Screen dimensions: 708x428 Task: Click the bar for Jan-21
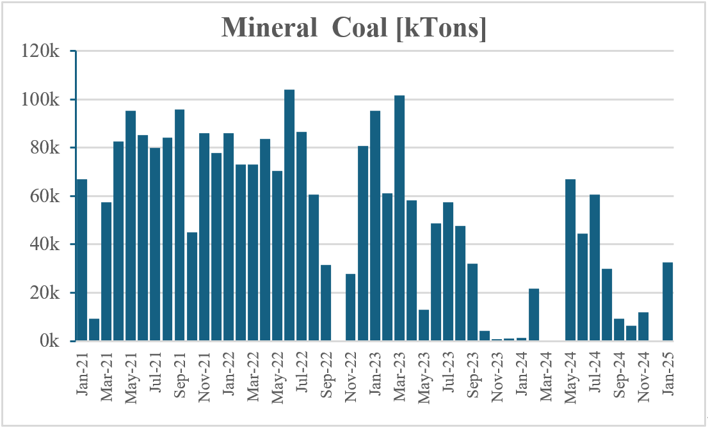(x=82, y=260)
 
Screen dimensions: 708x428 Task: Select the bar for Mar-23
(x=399, y=218)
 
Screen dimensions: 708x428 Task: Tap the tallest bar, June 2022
(x=289, y=215)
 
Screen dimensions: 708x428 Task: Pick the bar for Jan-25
(x=668, y=301)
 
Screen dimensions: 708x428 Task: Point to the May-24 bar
(x=570, y=260)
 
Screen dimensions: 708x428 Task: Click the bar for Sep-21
(x=179, y=225)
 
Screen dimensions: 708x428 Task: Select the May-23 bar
(x=424, y=325)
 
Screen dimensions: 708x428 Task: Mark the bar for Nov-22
(x=350, y=307)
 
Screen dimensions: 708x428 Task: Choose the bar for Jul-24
(x=595, y=267)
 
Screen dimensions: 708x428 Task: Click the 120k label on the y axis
(x=40, y=51)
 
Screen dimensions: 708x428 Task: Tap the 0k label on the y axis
(x=50, y=341)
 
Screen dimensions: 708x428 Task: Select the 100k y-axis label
(x=40, y=99)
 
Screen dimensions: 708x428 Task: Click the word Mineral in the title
(x=270, y=27)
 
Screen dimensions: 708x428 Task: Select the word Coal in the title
(x=360, y=27)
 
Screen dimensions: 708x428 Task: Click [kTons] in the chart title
(x=441, y=28)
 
